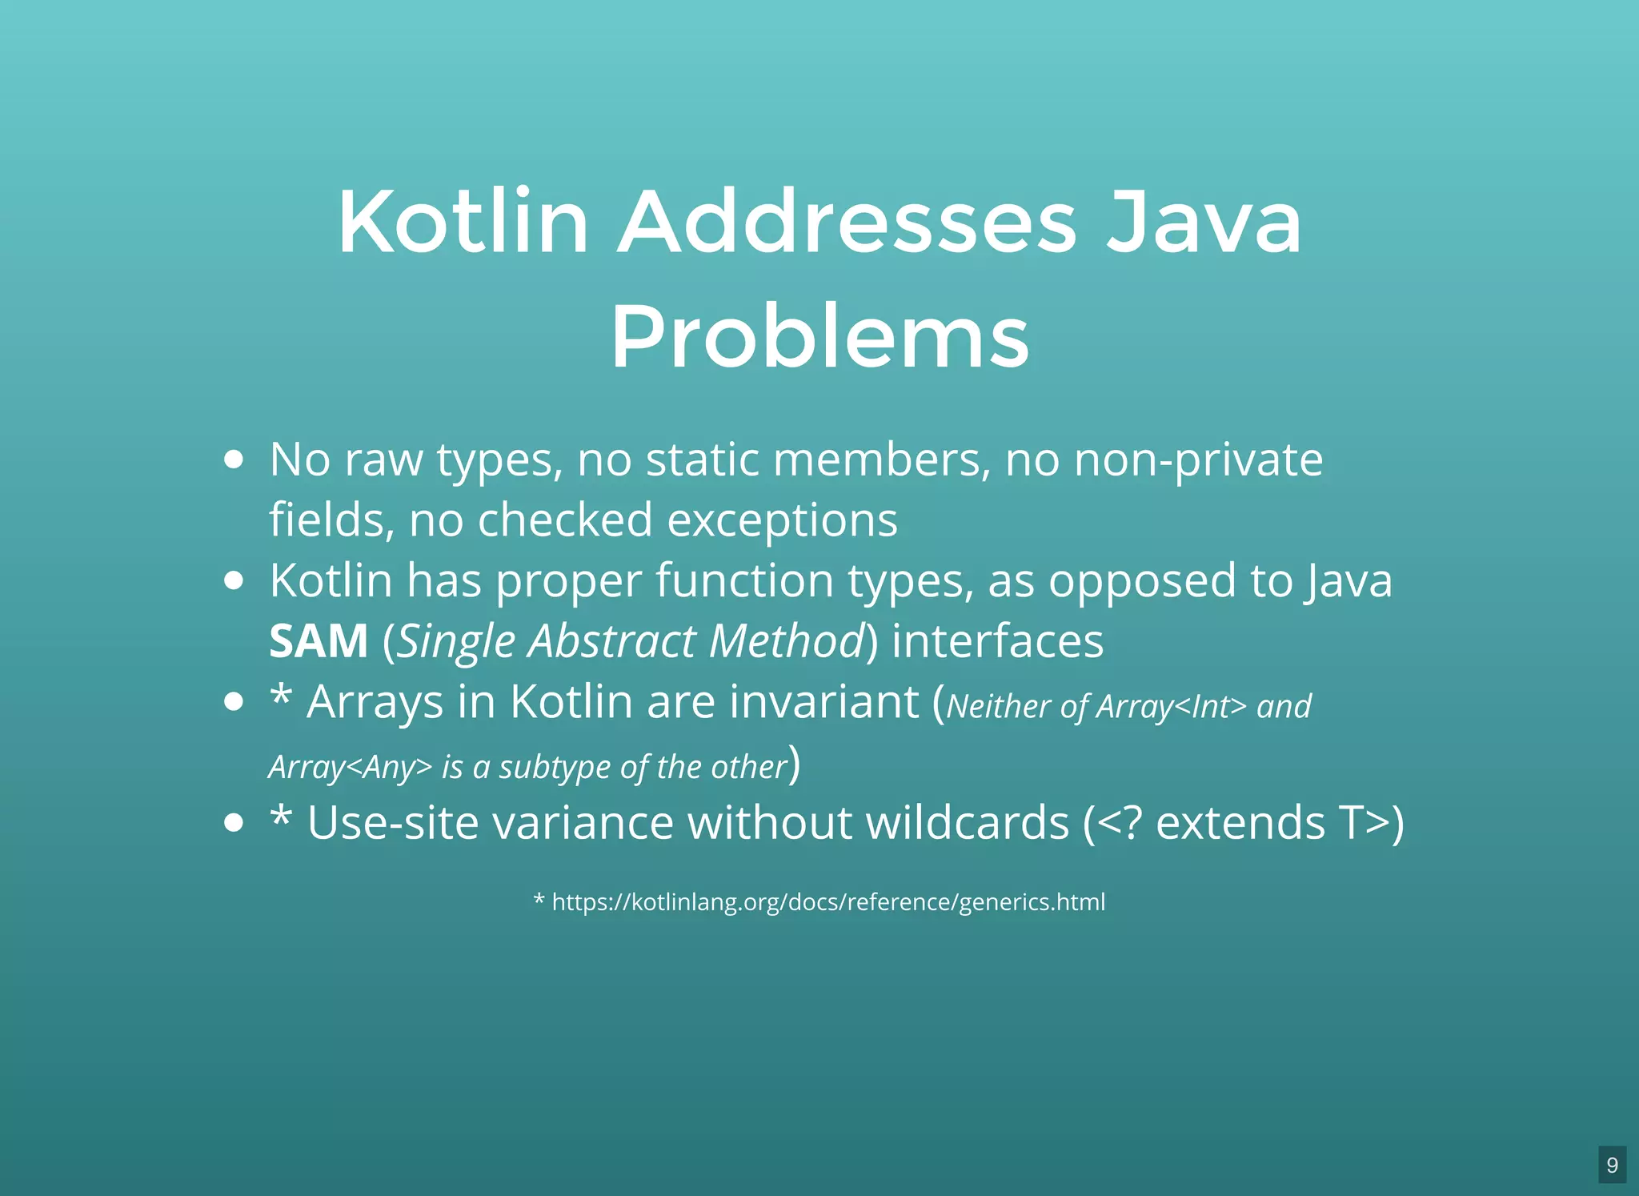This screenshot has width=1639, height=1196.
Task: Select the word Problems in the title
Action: (819, 337)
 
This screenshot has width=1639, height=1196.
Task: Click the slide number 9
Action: (1612, 1165)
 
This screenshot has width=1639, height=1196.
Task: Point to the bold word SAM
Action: (319, 641)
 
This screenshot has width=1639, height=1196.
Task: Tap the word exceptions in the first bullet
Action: (782, 520)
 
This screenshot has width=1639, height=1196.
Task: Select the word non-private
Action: (1198, 460)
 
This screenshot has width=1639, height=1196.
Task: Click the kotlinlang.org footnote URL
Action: (828, 902)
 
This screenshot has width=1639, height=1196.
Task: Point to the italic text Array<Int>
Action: (1171, 707)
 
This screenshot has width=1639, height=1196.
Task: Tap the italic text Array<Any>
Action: (350, 768)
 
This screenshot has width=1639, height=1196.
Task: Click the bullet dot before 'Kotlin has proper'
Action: (234, 580)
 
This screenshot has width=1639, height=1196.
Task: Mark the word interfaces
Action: (997, 641)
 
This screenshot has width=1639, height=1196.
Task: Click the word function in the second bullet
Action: (744, 580)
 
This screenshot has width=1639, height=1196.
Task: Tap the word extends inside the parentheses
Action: (1240, 823)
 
